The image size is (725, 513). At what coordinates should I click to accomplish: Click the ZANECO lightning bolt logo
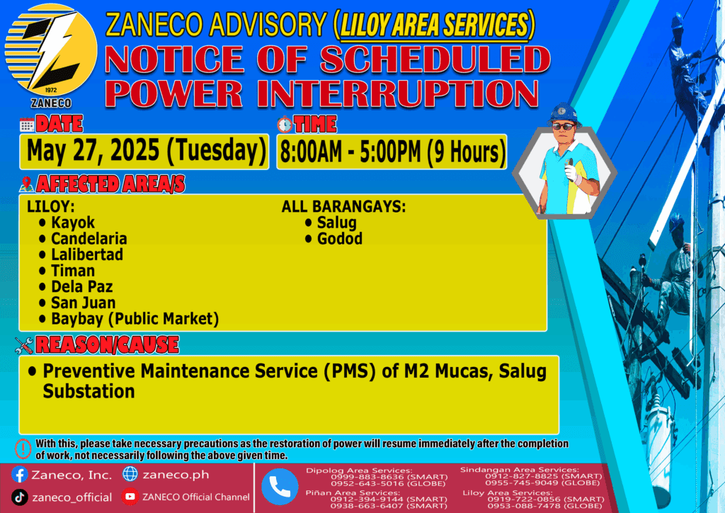tap(51, 50)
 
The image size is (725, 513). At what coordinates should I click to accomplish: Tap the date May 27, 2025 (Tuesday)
tap(146, 151)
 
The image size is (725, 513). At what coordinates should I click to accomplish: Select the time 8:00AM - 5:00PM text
tap(351, 152)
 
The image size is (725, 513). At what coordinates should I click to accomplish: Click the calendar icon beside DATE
tap(27, 125)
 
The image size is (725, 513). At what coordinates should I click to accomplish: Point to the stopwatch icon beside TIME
tap(285, 124)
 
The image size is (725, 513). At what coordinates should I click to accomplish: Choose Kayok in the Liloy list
tap(73, 222)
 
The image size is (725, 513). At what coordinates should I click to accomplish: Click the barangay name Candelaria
tap(89, 238)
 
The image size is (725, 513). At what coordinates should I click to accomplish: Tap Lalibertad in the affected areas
tap(87, 254)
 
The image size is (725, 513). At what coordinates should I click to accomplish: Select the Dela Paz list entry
tap(82, 286)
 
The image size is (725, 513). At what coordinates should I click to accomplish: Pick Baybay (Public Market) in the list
tap(135, 319)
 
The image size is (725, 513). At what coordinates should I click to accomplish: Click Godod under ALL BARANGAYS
tap(339, 239)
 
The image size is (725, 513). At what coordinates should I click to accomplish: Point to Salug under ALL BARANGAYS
tap(336, 222)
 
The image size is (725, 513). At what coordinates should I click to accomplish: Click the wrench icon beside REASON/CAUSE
tap(24, 345)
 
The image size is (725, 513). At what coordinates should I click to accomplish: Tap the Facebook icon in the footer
tap(19, 475)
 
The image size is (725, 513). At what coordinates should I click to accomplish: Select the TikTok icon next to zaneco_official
tap(19, 497)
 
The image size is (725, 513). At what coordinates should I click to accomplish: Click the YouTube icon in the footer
tap(130, 496)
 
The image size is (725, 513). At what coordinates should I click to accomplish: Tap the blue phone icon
tap(279, 487)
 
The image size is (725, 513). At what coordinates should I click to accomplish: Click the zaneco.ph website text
tap(176, 475)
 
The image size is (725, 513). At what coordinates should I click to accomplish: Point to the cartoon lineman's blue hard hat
tap(563, 113)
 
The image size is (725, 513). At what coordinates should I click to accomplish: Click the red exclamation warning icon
tap(23, 449)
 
